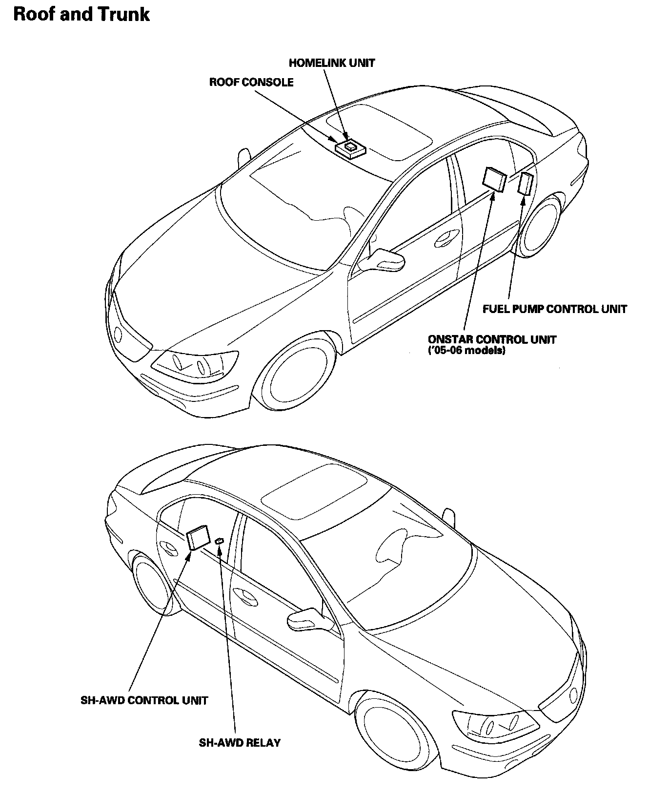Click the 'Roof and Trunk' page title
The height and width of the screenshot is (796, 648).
coord(81,14)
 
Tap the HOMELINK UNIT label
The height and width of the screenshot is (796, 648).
coord(332,63)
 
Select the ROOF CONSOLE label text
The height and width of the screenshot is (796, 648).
coord(251,82)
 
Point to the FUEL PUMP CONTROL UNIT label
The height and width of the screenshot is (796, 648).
coord(555,309)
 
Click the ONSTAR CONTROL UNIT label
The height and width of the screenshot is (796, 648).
coord(492,339)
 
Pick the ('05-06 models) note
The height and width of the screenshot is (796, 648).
coord(466,351)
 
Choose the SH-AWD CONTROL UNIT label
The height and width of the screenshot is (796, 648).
coord(144,700)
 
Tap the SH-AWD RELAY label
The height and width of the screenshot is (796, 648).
coord(240,743)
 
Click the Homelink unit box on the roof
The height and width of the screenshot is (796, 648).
coord(350,146)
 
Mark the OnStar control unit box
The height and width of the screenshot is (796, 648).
coord(494,178)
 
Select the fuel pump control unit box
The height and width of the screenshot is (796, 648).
coord(526,184)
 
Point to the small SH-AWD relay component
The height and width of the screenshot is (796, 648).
coord(220,541)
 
